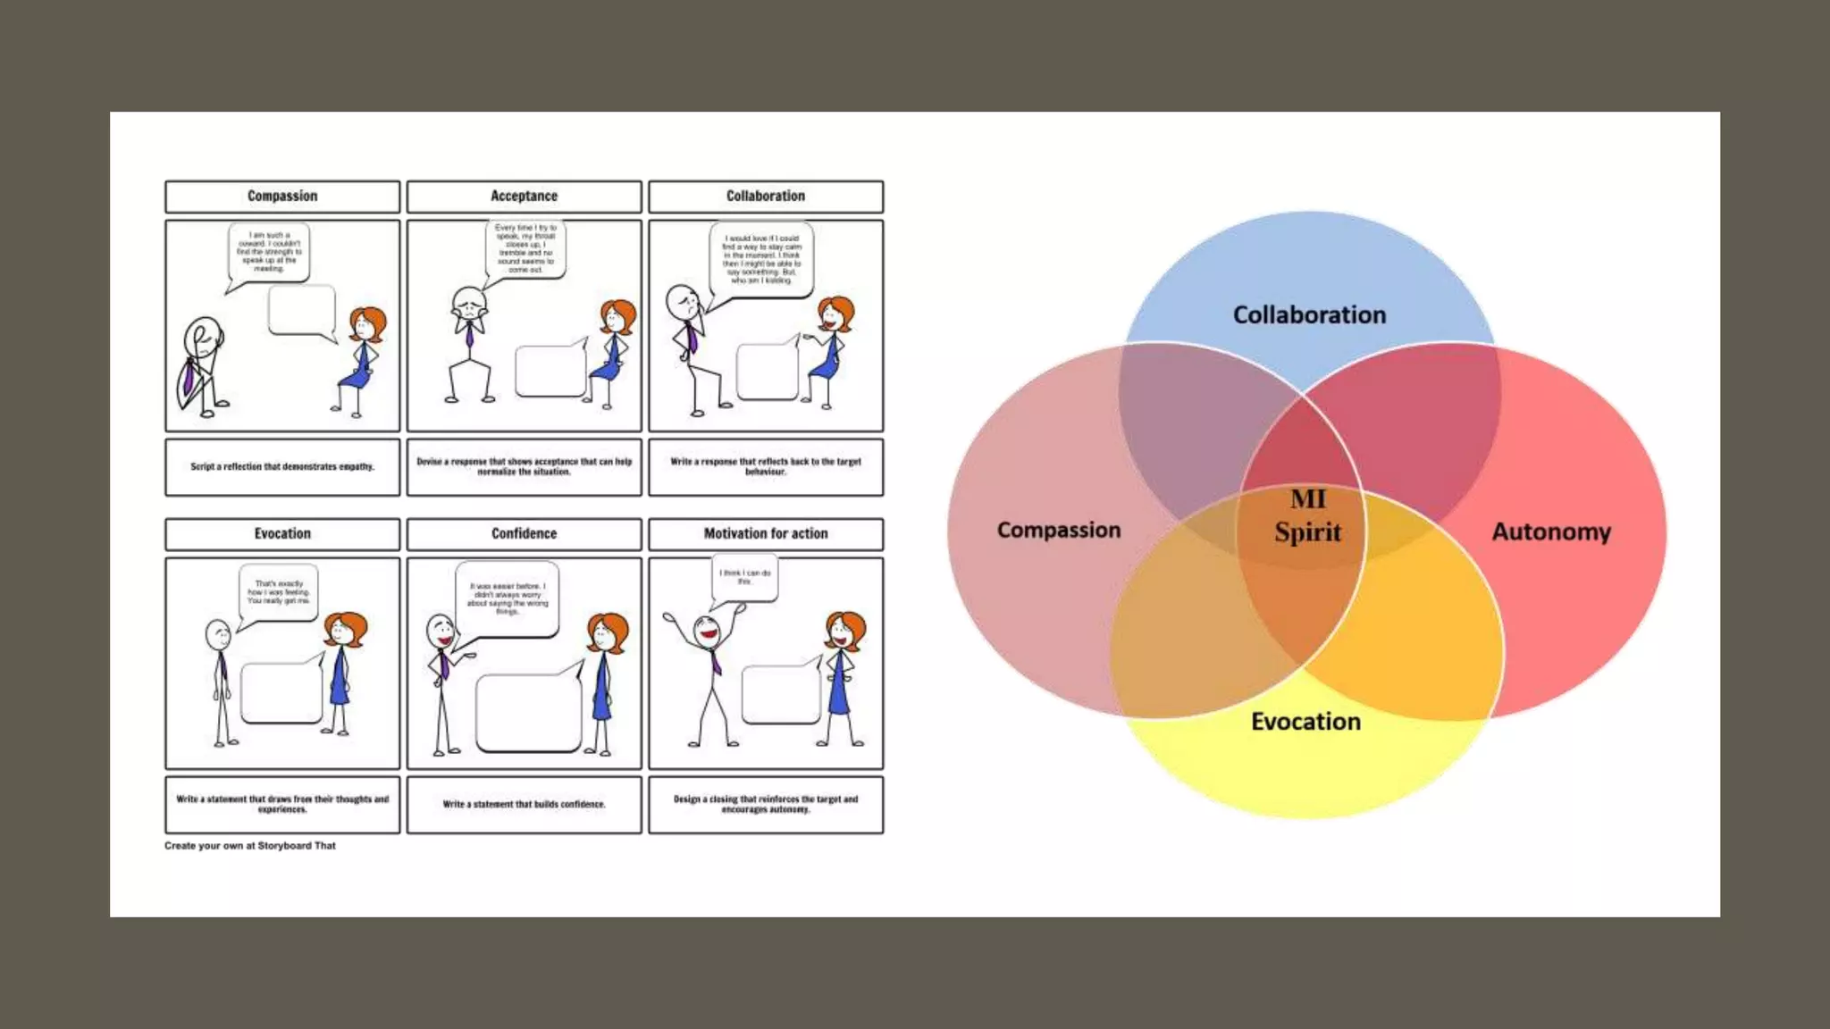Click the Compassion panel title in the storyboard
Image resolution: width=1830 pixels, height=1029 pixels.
[282, 197]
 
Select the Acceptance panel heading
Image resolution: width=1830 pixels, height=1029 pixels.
[524, 197]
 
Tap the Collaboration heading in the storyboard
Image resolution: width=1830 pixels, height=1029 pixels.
[765, 197]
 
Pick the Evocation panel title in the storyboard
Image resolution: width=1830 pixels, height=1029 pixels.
[282, 534]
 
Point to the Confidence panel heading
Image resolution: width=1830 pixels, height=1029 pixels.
[524, 534]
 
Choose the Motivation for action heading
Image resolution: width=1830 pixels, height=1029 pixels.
[765, 534]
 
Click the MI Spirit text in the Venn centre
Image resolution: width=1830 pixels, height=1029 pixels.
[1307, 516]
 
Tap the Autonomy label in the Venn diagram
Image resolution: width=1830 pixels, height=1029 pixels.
[1551, 532]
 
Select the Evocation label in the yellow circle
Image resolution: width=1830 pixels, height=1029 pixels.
[1305, 722]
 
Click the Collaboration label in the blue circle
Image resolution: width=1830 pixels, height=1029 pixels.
[1309, 315]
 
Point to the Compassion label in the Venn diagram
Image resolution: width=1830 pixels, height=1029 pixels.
[1059, 531]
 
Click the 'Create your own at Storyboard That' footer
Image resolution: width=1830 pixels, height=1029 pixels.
[250, 846]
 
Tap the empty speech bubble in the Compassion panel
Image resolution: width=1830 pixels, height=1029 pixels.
[301, 310]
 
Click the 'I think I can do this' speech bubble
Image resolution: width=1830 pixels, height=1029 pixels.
[745, 577]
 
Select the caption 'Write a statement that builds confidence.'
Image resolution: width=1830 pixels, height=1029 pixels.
[524, 805]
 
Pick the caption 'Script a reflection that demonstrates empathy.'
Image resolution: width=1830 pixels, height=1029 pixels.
[282, 467]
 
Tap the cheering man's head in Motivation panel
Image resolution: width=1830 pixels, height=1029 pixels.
[708, 629]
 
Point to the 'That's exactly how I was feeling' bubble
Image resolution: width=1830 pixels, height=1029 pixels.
[279, 592]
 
